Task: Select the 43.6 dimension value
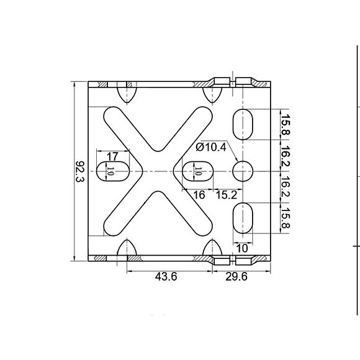(x=166, y=277)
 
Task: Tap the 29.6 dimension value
(x=236, y=277)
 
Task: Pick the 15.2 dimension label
(x=226, y=195)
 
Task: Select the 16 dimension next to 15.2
(x=199, y=195)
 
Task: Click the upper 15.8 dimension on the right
(x=285, y=125)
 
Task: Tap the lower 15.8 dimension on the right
(x=285, y=217)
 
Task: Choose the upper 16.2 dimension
(x=285, y=156)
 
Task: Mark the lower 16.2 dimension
(x=285, y=186)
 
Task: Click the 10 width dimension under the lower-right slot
(x=243, y=248)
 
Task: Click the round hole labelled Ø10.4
(x=243, y=171)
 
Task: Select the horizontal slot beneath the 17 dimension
(x=112, y=171)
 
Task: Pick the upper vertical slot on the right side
(x=243, y=125)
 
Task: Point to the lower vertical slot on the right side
(x=243, y=217)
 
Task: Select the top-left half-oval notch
(x=127, y=94)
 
